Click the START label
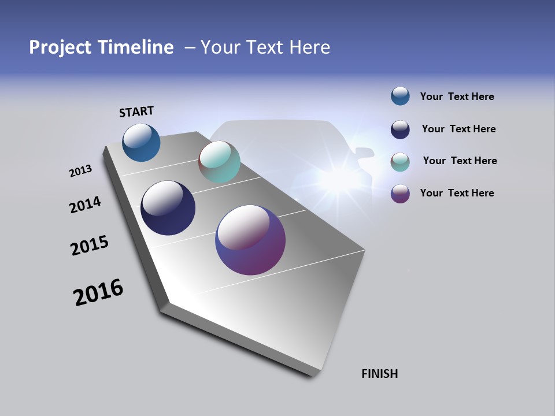(136, 112)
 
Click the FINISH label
(379, 374)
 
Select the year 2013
(80, 171)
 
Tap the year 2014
(85, 205)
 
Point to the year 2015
(90, 246)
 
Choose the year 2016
(98, 292)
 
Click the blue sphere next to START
(141, 143)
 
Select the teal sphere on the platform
(219, 162)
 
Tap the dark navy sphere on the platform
(168, 208)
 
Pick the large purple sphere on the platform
(250, 240)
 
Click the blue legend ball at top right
(400, 96)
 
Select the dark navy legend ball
(400, 129)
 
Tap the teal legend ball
(400, 162)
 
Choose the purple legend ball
(400, 194)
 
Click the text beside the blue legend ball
(457, 97)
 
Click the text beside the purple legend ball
(457, 193)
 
